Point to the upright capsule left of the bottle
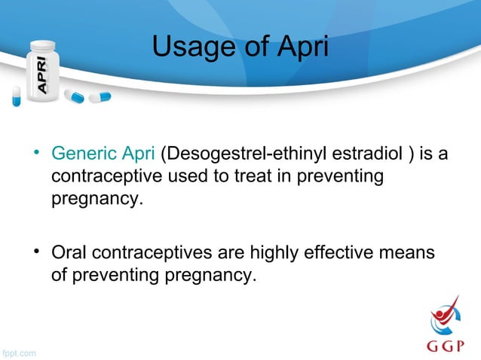(17, 96)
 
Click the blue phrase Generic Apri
(103, 155)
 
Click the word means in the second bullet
(409, 253)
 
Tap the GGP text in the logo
(448, 348)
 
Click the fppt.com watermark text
(18, 352)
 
